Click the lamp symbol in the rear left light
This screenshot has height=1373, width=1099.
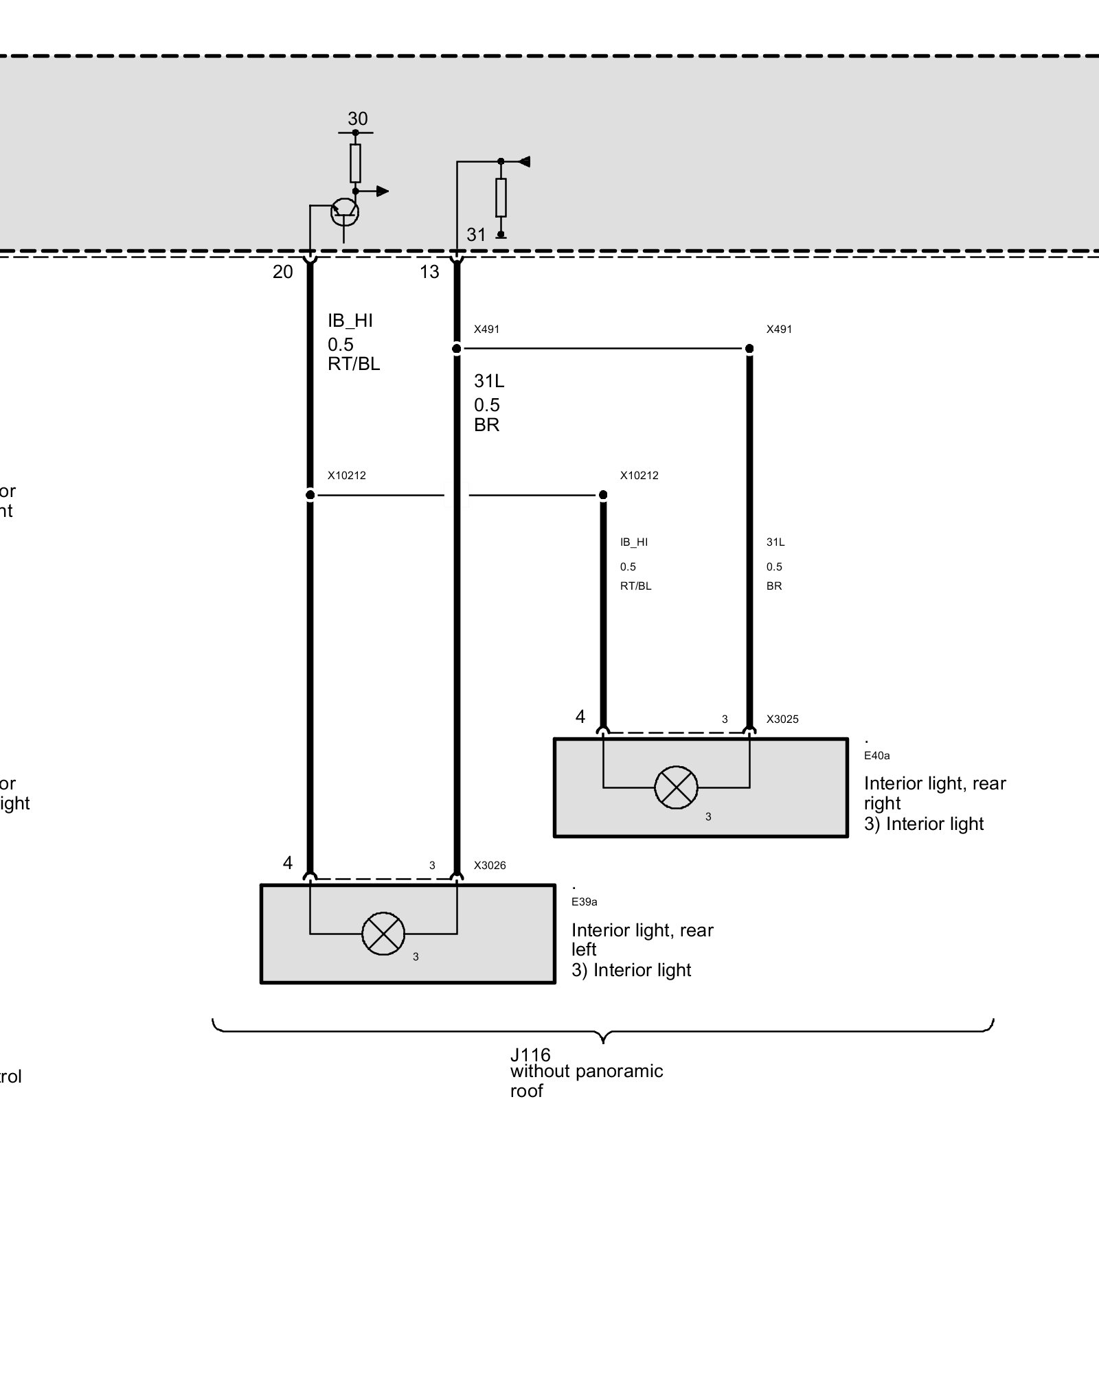(x=383, y=934)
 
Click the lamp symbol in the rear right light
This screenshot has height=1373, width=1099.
(x=676, y=787)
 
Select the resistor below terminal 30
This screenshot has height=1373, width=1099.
(x=355, y=163)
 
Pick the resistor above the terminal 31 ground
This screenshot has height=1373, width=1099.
(x=501, y=197)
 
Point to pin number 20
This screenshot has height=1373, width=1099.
(x=283, y=272)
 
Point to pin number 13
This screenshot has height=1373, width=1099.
(x=429, y=272)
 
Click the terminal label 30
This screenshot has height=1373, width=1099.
(x=357, y=119)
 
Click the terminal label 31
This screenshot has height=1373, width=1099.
(x=476, y=235)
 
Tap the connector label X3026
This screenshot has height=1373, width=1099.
(x=490, y=866)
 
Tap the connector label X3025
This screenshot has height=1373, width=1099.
(x=782, y=719)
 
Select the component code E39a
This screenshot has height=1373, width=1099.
(x=585, y=902)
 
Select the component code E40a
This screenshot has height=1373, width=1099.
(x=876, y=756)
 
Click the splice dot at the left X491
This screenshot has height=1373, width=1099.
(x=457, y=349)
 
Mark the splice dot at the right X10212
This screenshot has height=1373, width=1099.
(x=603, y=495)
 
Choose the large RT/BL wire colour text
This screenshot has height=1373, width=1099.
(x=354, y=364)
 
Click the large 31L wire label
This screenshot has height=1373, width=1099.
(x=489, y=380)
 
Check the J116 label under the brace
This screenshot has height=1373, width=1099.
(x=530, y=1054)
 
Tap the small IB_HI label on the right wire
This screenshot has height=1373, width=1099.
(x=634, y=542)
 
